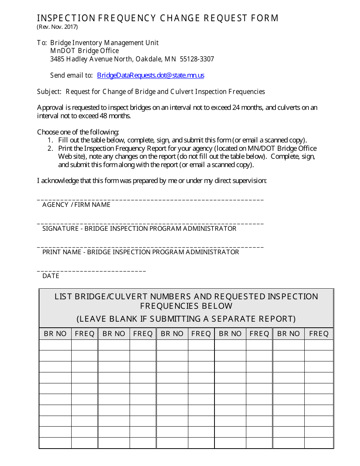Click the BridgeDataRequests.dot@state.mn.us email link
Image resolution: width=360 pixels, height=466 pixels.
150,75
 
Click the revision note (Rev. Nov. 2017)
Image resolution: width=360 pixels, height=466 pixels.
57,27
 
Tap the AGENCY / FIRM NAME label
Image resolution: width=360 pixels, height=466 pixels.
76,205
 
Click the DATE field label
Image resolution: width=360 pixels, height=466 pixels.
51,276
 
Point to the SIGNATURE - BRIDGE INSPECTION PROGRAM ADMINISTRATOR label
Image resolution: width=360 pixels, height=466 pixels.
139,229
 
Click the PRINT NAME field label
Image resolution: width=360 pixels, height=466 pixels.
141,252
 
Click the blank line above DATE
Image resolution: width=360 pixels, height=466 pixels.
91,271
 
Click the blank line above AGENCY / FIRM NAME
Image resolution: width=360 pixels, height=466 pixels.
150,199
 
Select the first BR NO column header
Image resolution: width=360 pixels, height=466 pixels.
55,334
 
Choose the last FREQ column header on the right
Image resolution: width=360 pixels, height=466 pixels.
319,334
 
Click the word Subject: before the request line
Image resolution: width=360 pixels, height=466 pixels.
49,92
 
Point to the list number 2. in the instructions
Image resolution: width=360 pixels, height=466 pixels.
50,149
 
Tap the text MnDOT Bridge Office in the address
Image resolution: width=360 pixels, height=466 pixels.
85,51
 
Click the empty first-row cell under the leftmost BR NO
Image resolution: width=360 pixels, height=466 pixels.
55,345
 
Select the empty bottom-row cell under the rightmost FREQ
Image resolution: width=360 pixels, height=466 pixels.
319,443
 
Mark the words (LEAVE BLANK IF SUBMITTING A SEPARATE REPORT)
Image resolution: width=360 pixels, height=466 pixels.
186,319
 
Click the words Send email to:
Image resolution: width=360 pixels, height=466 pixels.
71,75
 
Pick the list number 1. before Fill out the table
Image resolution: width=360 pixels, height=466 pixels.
50,140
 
